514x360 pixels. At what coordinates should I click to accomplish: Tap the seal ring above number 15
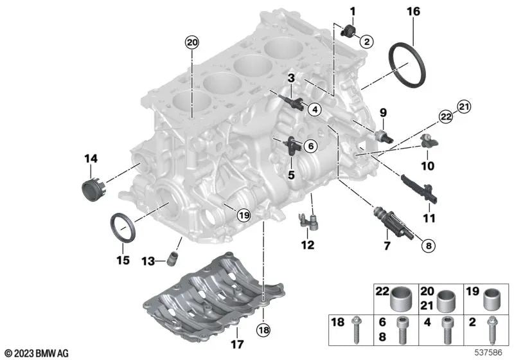click(123, 227)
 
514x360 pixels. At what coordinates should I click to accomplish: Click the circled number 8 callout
click(429, 245)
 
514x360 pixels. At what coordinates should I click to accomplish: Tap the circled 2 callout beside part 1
click(366, 42)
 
